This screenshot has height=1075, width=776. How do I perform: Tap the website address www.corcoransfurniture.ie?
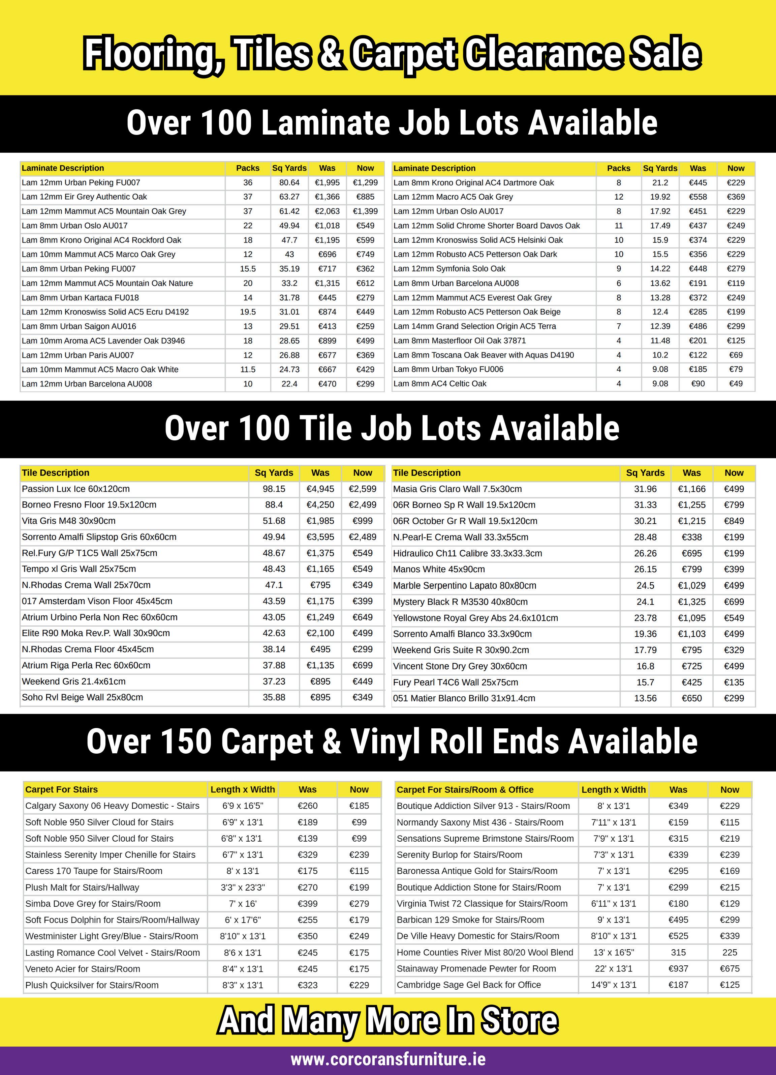pos(388,1058)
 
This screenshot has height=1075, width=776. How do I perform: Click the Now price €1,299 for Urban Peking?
pos(365,182)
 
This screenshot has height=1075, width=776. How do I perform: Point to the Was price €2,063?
pos(327,211)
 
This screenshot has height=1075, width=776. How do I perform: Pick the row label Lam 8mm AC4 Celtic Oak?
pos(440,383)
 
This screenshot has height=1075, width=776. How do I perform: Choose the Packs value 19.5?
pos(248,312)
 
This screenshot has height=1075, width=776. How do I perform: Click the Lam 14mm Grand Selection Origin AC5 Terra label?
pos(474,326)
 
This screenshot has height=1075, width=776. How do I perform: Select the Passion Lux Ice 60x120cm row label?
pos(76,489)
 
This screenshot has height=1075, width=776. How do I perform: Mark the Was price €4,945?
pos(320,489)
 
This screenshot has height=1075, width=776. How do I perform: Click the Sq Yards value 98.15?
pos(274,489)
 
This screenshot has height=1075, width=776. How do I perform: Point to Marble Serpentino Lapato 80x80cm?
pos(464,585)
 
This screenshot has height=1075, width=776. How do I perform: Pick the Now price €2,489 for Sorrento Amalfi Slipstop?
pos(363,537)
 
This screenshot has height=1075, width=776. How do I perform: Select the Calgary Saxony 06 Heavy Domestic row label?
pos(112,806)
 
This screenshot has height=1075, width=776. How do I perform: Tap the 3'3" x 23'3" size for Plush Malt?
pos(243,887)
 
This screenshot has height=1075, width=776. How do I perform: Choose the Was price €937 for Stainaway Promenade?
pos(678,968)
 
